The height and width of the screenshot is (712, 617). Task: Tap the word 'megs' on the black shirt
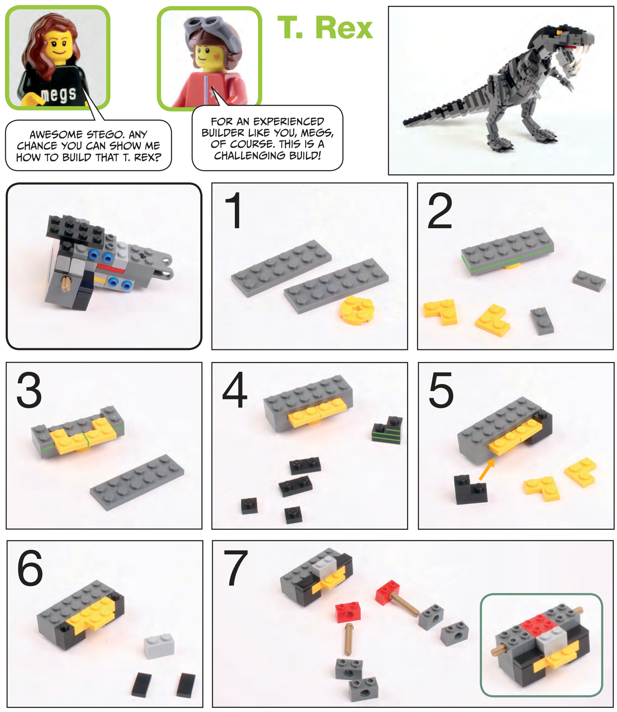pos(58,95)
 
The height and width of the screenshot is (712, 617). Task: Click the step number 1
pos(233,210)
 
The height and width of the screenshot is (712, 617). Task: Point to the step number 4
pos(235,390)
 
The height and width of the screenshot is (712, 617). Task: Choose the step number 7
pos(236,568)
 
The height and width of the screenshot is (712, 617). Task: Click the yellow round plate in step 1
pos(357,310)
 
